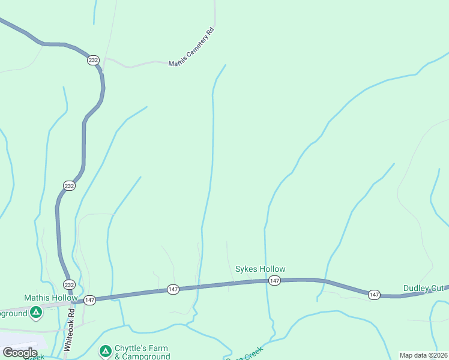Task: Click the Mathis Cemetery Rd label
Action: point(191,47)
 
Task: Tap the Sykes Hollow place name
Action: point(260,269)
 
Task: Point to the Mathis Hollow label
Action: point(51,298)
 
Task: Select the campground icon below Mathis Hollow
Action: point(36,312)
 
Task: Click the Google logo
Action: point(20,352)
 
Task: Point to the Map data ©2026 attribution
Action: point(423,355)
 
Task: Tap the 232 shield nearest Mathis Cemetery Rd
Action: point(93,60)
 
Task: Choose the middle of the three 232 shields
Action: point(70,186)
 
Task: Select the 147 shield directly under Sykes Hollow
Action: point(274,281)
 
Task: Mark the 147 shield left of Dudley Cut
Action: point(374,294)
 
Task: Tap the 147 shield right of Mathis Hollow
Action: point(90,299)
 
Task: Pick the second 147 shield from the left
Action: point(173,290)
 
